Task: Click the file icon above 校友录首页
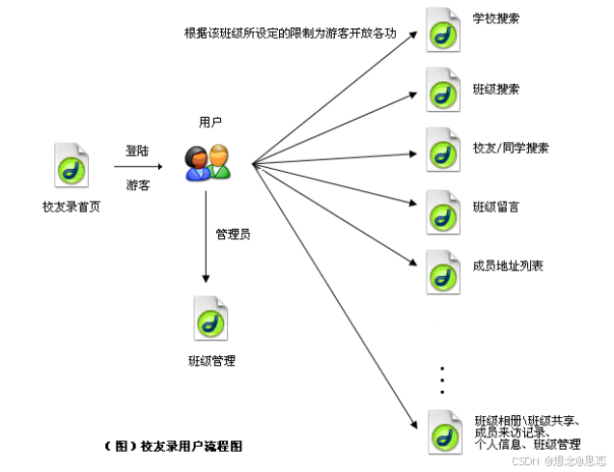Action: click(x=72, y=165)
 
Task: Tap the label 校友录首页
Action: click(x=70, y=207)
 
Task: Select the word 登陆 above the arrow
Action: click(x=137, y=151)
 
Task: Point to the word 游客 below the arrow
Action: click(x=137, y=184)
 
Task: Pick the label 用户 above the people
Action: click(x=209, y=123)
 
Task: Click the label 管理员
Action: click(x=233, y=234)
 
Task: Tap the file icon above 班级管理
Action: click(x=211, y=318)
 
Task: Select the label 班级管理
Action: click(x=211, y=360)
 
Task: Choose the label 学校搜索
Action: click(x=496, y=18)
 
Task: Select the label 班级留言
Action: click(x=496, y=207)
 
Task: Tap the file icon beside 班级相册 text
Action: click(x=443, y=431)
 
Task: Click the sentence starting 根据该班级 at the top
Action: click(x=292, y=33)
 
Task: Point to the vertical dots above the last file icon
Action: click(x=442, y=379)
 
